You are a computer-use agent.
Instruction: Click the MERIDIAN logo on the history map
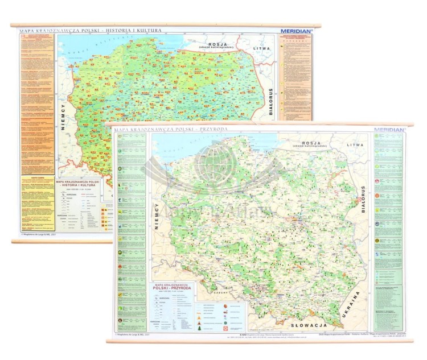point(295,31)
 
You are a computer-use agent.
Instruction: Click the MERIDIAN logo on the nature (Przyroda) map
point(390,130)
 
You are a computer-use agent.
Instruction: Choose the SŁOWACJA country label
point(307,326)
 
